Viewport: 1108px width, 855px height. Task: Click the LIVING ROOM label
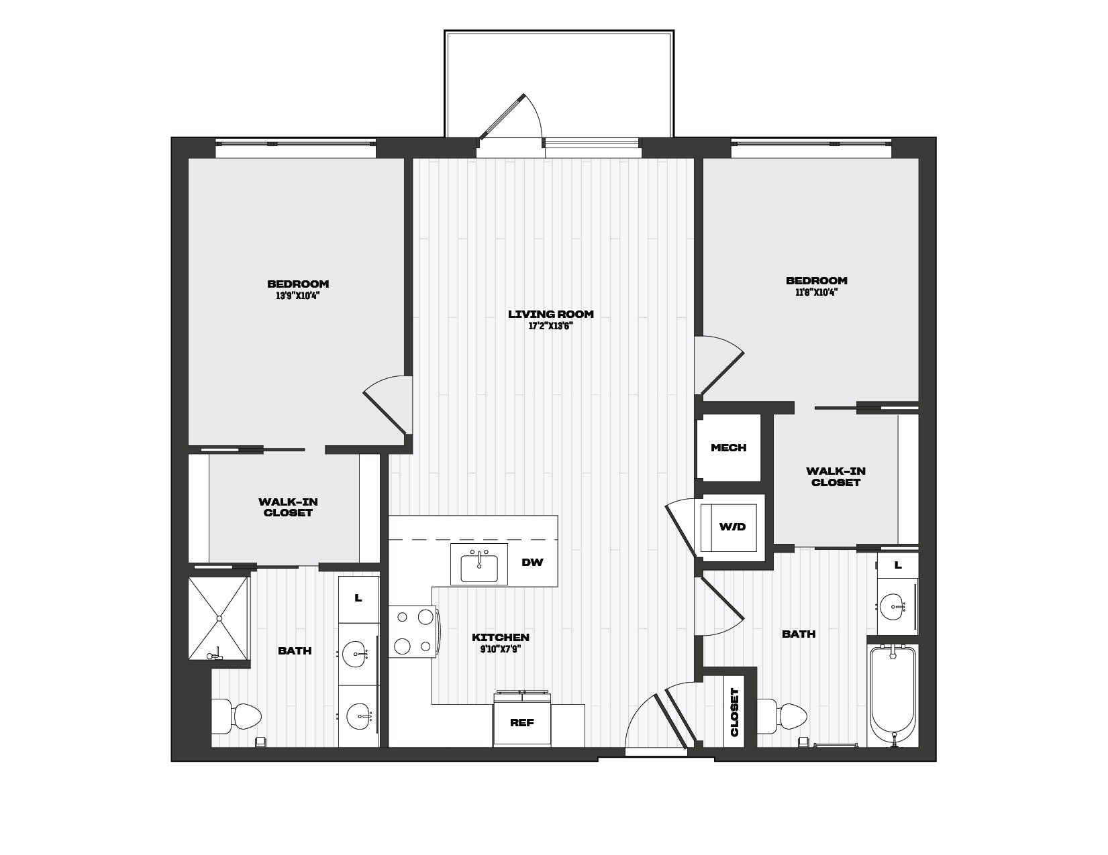coord(551,314)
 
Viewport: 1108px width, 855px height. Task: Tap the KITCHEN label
coord(500,638)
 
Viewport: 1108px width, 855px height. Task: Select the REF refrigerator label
coord(522,722)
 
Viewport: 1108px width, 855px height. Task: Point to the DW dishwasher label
coord(532,563)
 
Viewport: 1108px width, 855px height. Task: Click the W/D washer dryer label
coord(732,527)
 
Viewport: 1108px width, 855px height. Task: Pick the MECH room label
coord(729,447)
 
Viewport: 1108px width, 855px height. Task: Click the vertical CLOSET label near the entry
coord(735,712)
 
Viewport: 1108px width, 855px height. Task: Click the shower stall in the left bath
coord(219,618)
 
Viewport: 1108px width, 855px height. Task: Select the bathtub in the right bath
coord(893,696)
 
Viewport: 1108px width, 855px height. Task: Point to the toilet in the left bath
coord(236,716)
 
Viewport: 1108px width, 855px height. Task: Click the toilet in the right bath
coord(782,716)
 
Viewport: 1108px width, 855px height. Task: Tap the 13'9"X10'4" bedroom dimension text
coord(298,296)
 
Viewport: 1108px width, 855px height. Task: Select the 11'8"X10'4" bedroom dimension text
coord(816,292)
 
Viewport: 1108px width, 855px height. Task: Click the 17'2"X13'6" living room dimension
coord(551,326)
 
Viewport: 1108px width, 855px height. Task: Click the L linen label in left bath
coord(358,598)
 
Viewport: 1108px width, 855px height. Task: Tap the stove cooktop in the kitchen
coord(413,632)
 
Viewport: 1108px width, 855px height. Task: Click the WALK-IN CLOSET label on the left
coord(288,508)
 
